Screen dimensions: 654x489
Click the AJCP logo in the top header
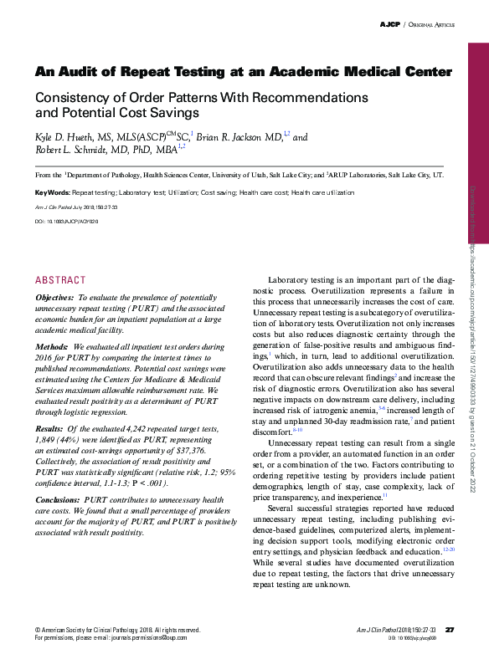pyautogui.click(x=390, y=26)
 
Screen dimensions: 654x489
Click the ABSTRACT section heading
pyautogui.click(x=60, y=280)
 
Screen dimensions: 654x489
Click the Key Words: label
pyautogui.click(x=52, y=192)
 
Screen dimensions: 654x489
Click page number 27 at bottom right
pyautogui.click(x=449, y=629)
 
